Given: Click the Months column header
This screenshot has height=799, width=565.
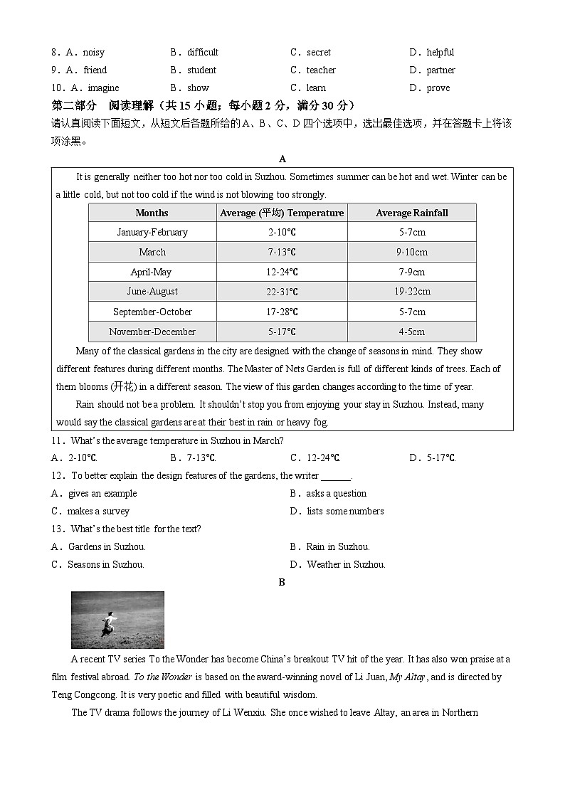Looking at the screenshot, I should coord(152,213).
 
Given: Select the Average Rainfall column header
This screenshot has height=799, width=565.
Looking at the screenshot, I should coord(411,213).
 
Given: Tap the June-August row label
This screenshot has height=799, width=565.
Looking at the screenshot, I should coord(152,292).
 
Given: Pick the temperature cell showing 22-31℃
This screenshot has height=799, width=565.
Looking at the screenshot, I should coord(282,292).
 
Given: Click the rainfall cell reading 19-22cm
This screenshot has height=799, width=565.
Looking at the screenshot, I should coord(411,292).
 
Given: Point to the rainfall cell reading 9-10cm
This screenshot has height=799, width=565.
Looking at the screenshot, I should coord(411,252).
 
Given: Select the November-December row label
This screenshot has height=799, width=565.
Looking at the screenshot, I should coord(152,332).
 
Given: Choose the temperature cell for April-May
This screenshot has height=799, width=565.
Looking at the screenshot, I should coord(282,272).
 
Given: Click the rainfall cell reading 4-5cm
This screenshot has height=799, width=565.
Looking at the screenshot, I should coord(411,332).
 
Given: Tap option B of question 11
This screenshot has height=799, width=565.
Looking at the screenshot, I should coord(193,458).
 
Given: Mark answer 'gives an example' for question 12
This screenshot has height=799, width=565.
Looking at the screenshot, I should coord(102,494).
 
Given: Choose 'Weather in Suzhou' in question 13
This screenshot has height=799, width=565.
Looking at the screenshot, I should coord(345,565).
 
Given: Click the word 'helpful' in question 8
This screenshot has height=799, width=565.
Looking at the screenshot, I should coord(440,53).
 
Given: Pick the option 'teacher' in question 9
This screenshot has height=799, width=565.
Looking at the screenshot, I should coord(320,70).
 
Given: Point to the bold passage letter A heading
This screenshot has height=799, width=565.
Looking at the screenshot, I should coord(282,159).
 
